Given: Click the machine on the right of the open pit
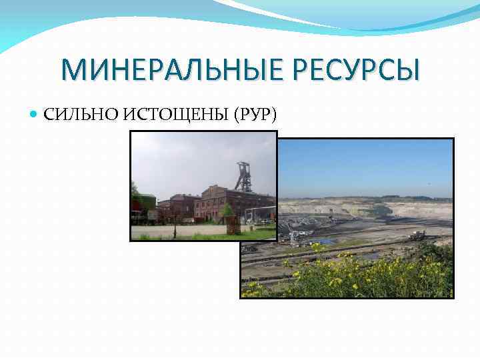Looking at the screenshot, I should point(418,235).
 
